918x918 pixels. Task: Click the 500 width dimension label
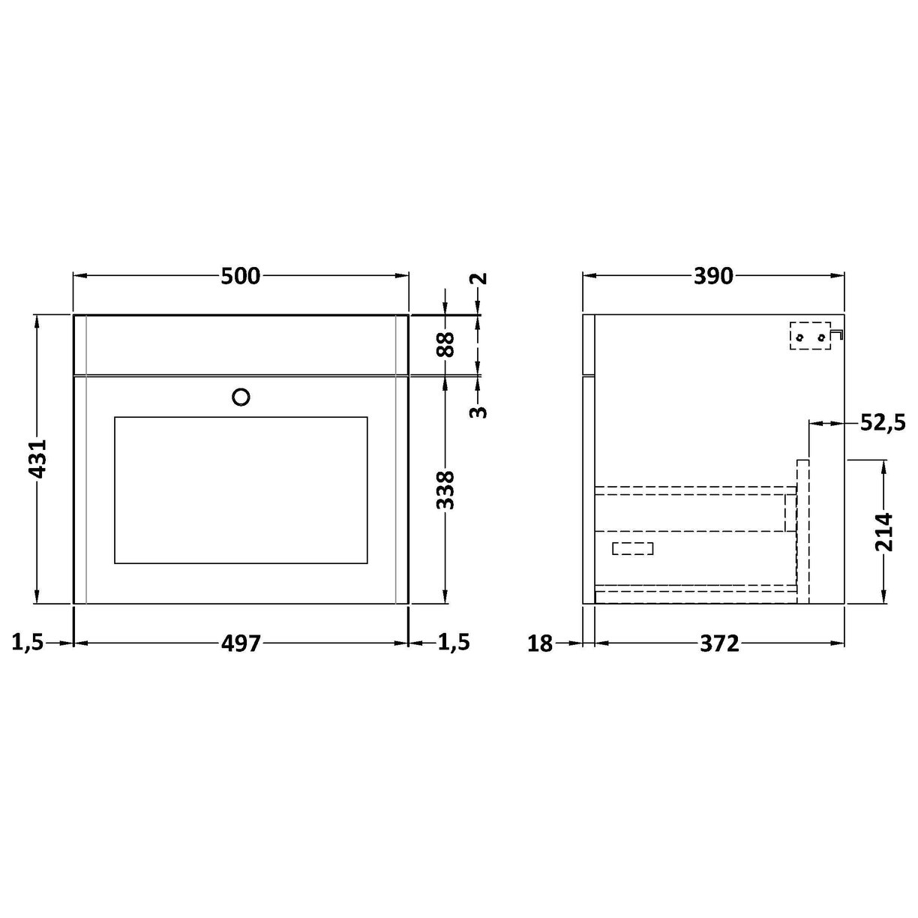pyautogui.click(x=240, y=277)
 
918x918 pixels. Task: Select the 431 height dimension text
pyautogui.click(x=37, y=458)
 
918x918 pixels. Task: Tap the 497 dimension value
pyautogui.click(x=240, y=643)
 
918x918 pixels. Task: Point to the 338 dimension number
pyautogui.click(x=446, y=490)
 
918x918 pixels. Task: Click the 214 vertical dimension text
pyautogui.click(x=885, y=532)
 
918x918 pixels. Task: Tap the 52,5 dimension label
pyautogui.click(x=880, y=424)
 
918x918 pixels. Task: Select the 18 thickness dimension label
pyautogui.click(x=539, y=643)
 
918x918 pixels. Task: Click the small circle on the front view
pyautogui.click(x=241, y=397)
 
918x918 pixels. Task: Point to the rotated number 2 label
pyautogui.click(x=479, y=278)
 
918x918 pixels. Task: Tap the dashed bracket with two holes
pyautogui.click(x=812, y=337)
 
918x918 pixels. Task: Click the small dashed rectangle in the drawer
pyautogui.click(x=633, y=548)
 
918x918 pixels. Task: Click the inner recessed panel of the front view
pyautogui.click(x=241, y=490)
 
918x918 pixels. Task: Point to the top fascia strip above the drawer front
pyautogui.click(x=241, y=344)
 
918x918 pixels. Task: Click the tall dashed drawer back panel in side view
pyautogui.click(x=803, y=531)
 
